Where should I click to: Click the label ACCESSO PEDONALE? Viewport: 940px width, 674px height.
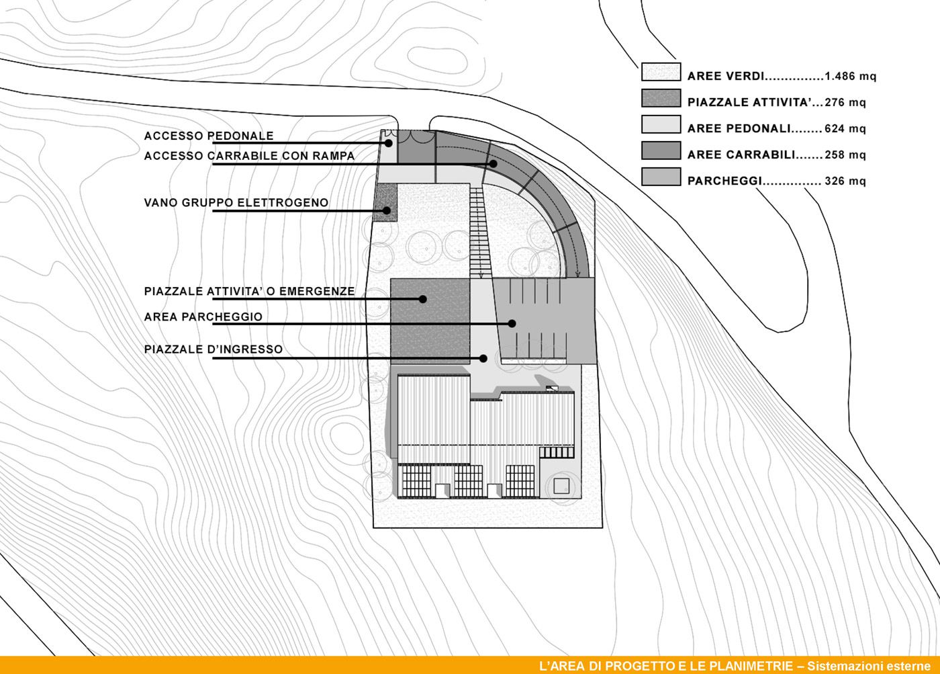click(209, 136)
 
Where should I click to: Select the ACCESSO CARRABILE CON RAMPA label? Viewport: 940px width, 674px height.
click(249, 156)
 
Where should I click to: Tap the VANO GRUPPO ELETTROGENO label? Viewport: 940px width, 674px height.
click(236, 202)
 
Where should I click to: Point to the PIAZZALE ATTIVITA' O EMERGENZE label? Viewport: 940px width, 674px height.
click(249, 292)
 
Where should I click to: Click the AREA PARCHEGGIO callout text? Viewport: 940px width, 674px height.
click(203, 317)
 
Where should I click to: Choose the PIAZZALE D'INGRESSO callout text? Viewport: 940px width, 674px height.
click(214, 349)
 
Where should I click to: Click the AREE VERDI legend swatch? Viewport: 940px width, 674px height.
click(661, 73)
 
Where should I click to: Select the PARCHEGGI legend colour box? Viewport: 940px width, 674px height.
click(661, 177)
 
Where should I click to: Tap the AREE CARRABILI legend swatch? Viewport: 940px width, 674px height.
click(661, 151)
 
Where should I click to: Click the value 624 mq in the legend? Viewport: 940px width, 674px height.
click(845, 128)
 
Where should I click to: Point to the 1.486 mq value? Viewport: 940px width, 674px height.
click(850, 77)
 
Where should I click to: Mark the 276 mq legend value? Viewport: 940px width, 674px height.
click(845, 103)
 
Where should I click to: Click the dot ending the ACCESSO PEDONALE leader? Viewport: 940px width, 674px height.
click(389, 143)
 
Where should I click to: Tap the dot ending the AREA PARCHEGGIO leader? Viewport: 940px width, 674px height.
click(512, 323)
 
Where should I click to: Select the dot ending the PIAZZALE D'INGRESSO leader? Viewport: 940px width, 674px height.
click(483, 358)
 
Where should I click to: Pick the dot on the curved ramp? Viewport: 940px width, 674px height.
click(493, 163)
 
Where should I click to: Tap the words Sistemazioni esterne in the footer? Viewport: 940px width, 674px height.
click(868, 666)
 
